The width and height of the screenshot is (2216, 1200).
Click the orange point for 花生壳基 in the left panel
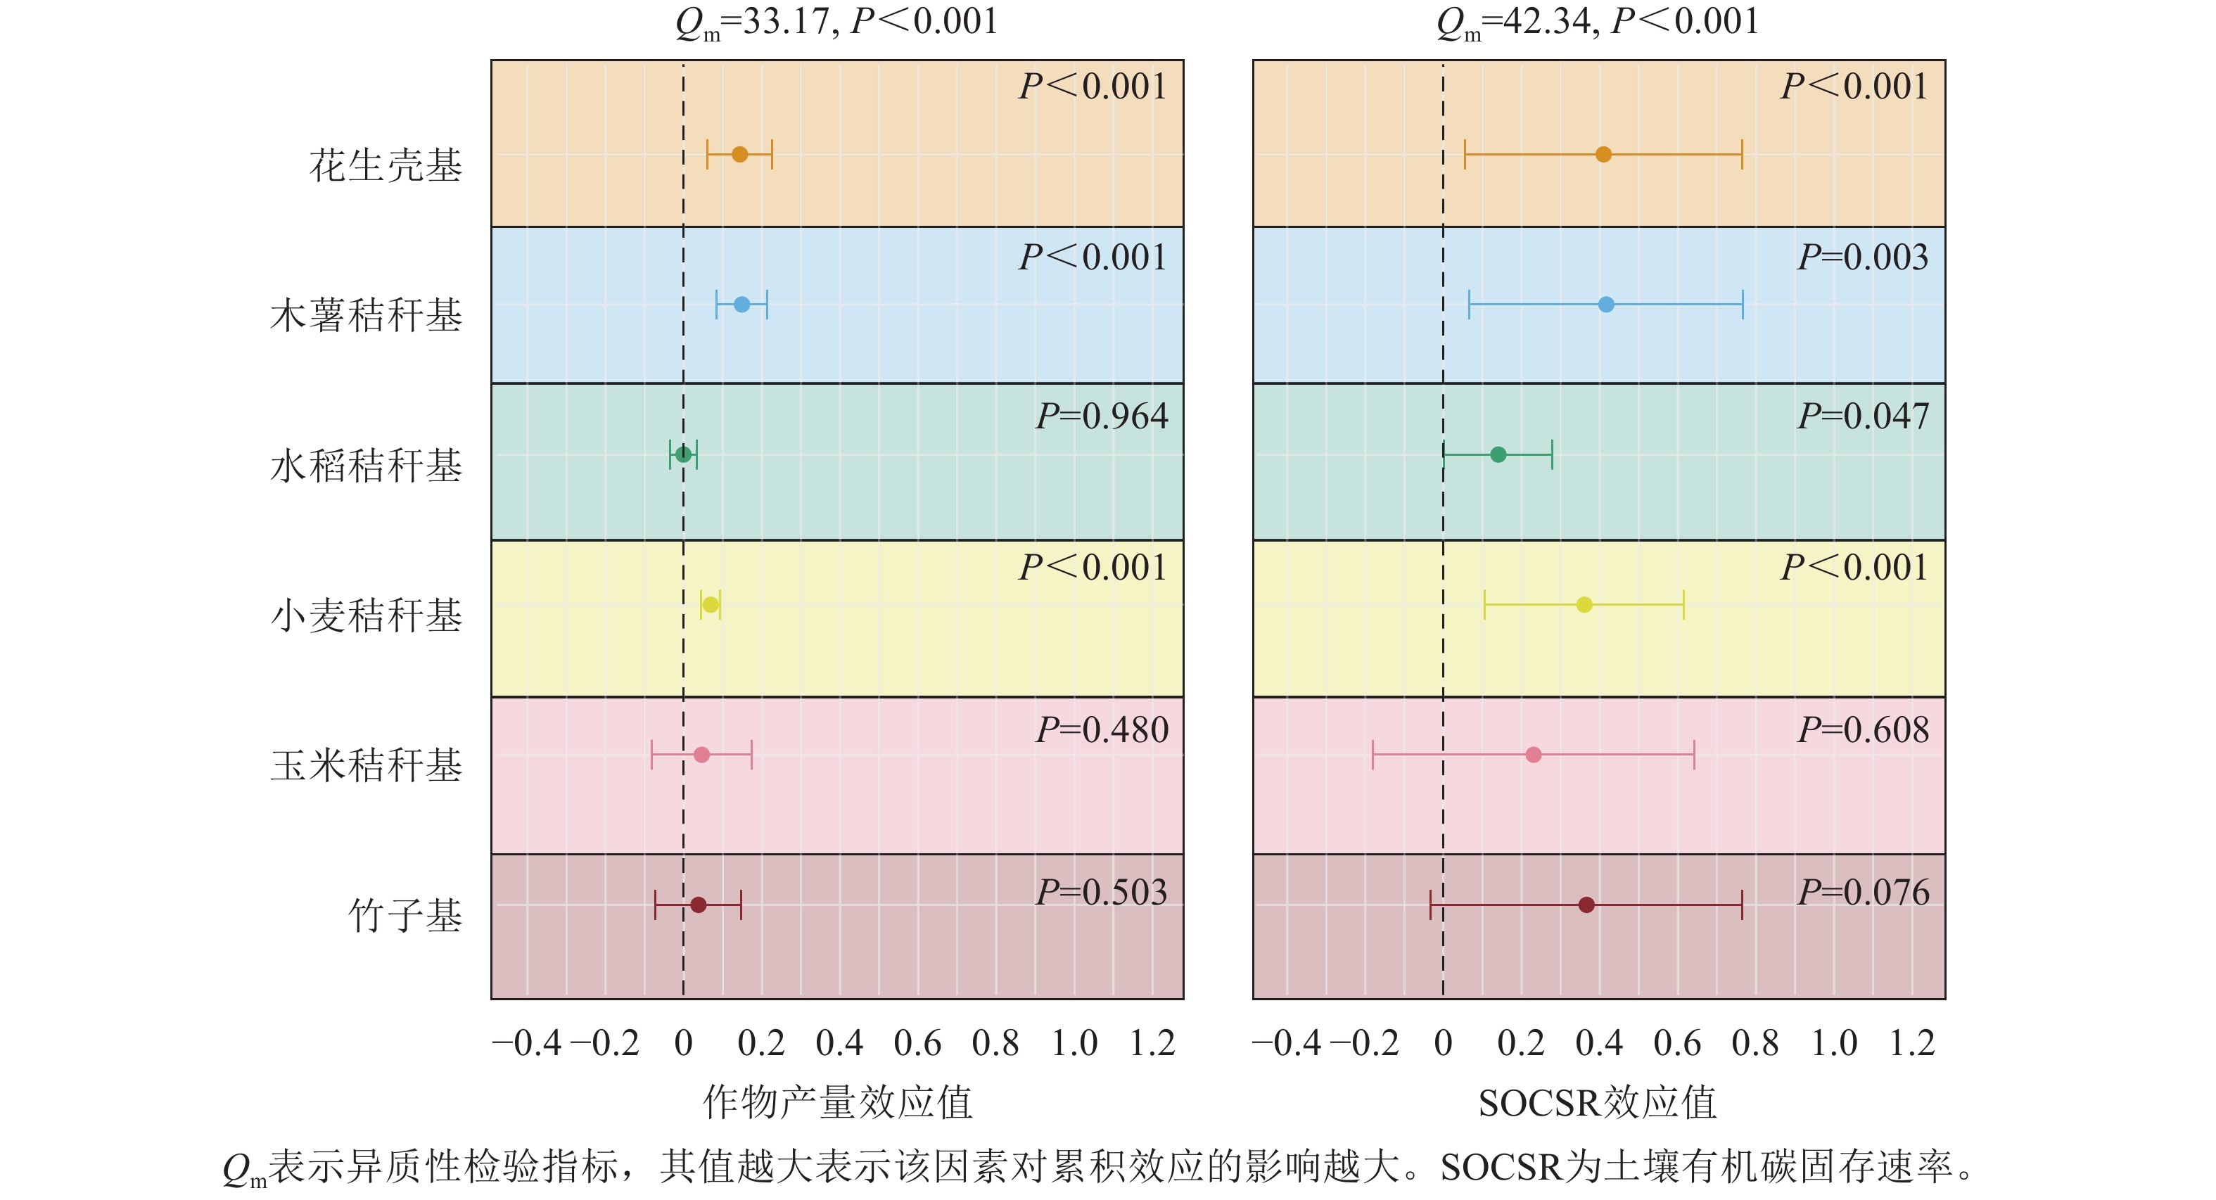point(740,155)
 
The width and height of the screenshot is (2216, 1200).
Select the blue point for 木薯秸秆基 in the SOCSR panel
point(1606,305)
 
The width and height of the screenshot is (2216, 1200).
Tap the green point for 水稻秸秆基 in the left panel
point(683,454)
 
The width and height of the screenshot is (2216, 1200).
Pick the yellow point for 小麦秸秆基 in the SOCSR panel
point(1584,605)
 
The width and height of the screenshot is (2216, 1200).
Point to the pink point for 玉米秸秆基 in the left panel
point(702,755)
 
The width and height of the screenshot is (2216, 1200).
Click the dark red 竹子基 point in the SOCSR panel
point(1587,905)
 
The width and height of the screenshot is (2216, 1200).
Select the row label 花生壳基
point(386,165)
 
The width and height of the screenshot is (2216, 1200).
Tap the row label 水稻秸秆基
point(367,466)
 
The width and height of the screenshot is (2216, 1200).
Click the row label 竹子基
point(405,915)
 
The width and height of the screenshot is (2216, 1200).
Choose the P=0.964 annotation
point(1101,416)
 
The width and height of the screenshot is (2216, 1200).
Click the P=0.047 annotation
point(1864,416)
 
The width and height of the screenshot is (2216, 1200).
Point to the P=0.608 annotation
point(1864,730)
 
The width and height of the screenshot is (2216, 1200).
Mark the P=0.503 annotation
point(1101,892)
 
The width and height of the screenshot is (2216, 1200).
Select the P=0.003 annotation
point(1864,257)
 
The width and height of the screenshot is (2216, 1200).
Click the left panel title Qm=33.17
point(836,23)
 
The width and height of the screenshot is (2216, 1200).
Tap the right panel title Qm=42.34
point(1598,23)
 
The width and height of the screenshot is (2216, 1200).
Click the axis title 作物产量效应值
point(837,1103)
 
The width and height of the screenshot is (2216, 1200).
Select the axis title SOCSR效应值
point(1598,1103)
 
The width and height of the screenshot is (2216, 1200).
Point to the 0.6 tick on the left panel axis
point(917,1043)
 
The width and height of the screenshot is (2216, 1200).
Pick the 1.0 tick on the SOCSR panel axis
point(1834,1043)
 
